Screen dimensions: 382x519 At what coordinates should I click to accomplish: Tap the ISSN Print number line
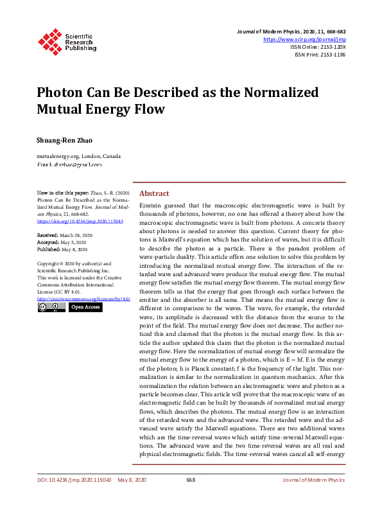(x=319, y=55)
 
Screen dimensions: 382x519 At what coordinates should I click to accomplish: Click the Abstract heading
(x=154, y=193)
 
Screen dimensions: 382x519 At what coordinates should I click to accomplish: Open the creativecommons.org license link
(x=84, y=299)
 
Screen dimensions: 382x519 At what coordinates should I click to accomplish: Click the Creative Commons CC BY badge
(x=51, y=308)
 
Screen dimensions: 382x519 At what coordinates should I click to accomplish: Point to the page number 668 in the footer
(x=191, y=480)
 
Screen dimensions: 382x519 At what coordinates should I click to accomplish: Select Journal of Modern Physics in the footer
(x=314, y=480)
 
